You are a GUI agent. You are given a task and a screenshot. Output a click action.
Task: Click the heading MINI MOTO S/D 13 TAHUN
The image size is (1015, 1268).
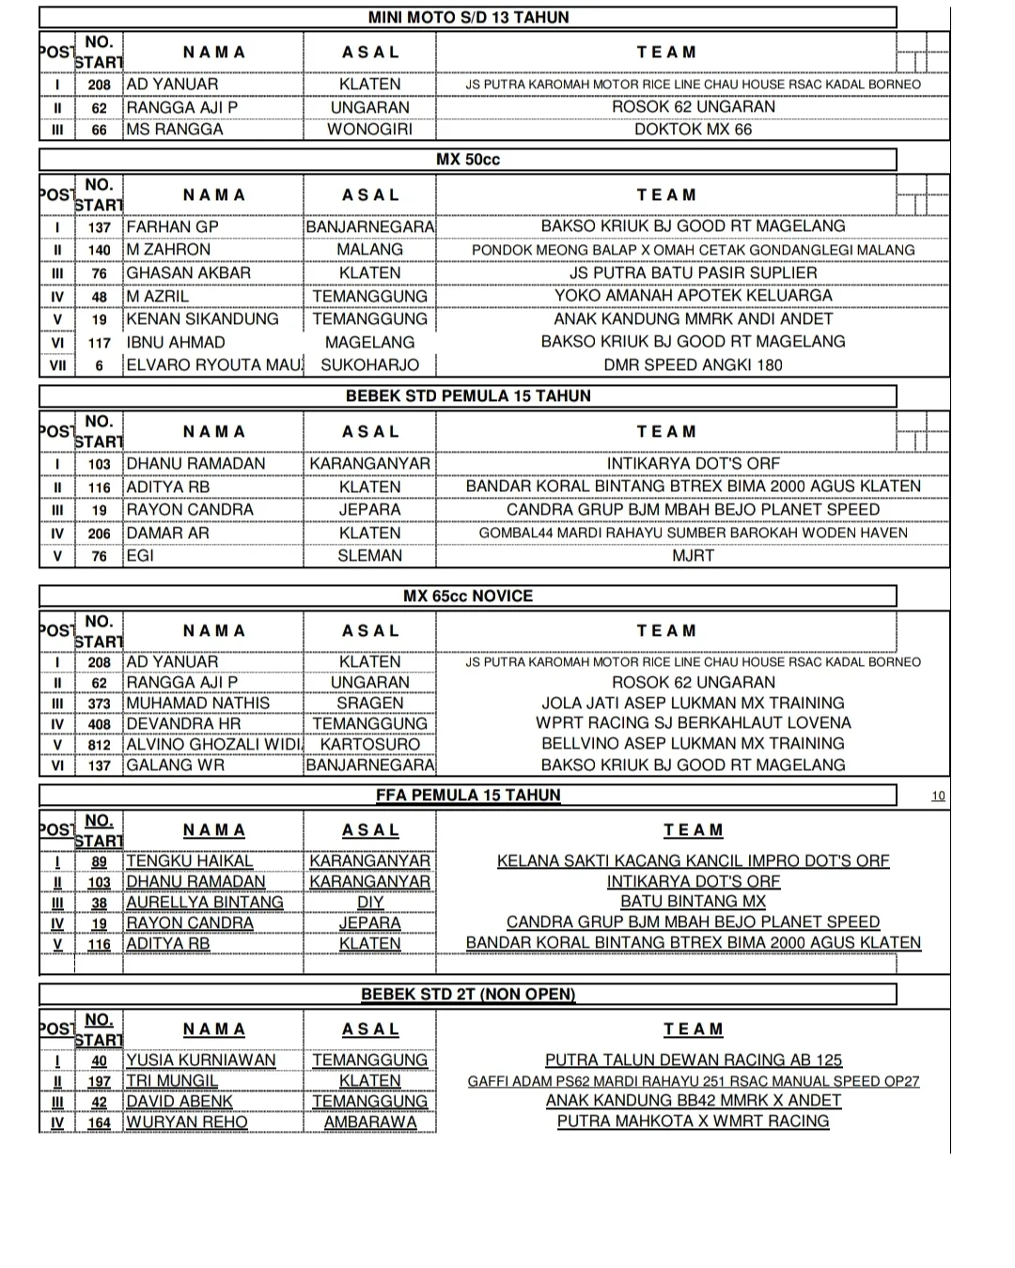click(468, 17)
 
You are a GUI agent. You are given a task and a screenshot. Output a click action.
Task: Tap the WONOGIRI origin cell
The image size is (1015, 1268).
click(369, 130)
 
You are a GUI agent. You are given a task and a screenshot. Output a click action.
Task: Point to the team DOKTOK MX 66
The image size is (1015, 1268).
click(693, 130)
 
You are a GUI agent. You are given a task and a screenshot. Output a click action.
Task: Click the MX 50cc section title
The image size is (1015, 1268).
click(468, 160)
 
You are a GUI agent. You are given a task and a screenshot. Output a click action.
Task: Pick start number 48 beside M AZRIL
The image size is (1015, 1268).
click(99, 297)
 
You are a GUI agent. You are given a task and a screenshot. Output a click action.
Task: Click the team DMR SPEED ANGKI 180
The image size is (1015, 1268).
click(693, 365)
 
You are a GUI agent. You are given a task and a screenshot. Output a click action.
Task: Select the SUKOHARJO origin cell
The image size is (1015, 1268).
click(369, 365)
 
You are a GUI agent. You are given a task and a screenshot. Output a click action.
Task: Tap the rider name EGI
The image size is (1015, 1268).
click(140, 556)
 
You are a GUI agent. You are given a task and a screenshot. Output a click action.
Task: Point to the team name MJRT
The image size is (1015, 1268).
click(693, 556)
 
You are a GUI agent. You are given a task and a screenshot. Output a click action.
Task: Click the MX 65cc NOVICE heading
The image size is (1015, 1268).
click(468, 596)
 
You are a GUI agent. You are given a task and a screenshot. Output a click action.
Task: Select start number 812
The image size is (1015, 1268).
click(99, 745)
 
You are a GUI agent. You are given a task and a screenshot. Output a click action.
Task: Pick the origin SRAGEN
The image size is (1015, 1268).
click(369, 704)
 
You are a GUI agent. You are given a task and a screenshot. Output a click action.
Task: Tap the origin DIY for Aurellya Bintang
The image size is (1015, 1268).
click(369, 903)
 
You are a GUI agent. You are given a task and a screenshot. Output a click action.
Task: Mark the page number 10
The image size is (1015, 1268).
click(938, 796)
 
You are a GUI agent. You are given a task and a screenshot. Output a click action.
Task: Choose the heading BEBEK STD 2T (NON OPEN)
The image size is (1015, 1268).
click(468, 995)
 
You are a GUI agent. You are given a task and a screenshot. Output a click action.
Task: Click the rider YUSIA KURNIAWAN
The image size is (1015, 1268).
click(201, 1060)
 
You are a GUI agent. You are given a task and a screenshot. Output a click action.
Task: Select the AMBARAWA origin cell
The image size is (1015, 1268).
click(369, 1122)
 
